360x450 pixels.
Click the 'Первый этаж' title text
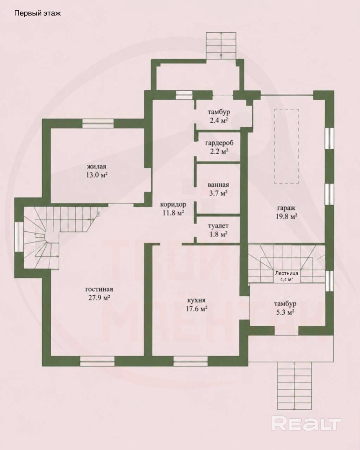click(x=38, y=13)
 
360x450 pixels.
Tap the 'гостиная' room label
click(x=99, y=289)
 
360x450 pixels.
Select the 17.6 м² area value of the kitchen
click(x=197, y=309)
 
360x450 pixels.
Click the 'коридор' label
click(x=173, y=204)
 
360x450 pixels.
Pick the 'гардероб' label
click(x=219, y=143)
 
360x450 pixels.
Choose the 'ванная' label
click(x=218, y=185)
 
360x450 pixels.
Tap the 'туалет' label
click(x=218, y=226)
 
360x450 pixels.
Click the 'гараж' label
click(x=287, y=208)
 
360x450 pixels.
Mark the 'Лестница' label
click(x=287, y=273)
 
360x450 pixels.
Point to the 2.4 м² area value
click(x=218, y=121)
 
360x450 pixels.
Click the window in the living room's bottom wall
click(x=97, y=361)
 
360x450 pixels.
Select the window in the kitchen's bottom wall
click(x=191, y=361)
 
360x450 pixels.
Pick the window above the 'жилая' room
click(x=98, y=123)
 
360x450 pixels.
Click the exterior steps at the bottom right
click(x=295, y=385)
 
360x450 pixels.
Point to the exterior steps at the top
click(x=221, y=46)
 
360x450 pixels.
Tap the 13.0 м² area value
click(x=97, y=175)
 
